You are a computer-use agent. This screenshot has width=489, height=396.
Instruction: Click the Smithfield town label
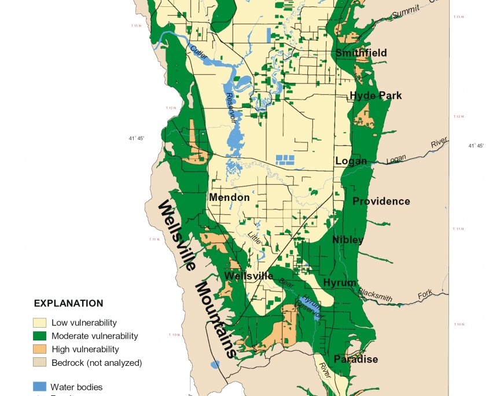click(361, 53)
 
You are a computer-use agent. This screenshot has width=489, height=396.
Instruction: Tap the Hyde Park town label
click(376, 96)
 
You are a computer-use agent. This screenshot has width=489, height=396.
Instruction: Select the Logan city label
click(351, 161)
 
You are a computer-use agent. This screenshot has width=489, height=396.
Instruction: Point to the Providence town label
click(381, 201)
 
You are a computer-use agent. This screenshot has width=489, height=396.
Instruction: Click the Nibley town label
click(348, 240)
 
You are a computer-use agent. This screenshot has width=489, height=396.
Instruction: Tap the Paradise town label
click(356, 360)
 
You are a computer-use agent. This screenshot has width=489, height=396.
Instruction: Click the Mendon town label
click(229, 197)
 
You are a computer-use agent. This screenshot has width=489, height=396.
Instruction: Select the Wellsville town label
click(249, 276)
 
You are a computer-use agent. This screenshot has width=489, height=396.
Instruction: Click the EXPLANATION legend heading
click(68, 303)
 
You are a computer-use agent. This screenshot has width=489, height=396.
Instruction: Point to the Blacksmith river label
click(375, 295)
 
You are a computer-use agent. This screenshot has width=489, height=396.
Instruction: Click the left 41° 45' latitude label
click(137, 138)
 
